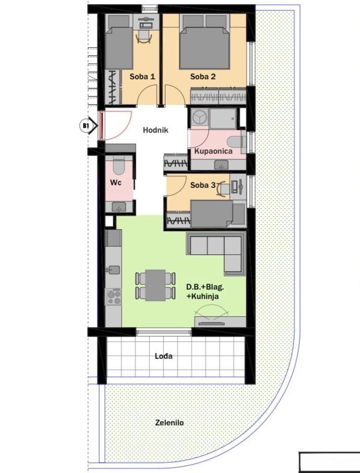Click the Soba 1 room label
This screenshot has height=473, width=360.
point(143,77)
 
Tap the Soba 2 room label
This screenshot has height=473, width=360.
point(203,77)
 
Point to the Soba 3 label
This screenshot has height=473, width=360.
point(203,185)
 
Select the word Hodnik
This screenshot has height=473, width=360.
point(156,131)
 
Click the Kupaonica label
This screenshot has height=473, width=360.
point(213,151)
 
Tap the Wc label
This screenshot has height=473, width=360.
point(116,182)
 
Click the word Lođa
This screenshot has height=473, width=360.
point(163,356)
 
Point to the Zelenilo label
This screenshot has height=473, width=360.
point(169,423)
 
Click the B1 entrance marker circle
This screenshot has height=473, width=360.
point(85,125)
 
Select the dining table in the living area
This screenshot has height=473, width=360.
point(155,285)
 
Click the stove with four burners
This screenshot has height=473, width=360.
point(114,297)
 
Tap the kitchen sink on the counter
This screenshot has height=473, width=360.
point(114,270)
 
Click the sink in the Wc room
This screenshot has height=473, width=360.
point(119,207)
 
